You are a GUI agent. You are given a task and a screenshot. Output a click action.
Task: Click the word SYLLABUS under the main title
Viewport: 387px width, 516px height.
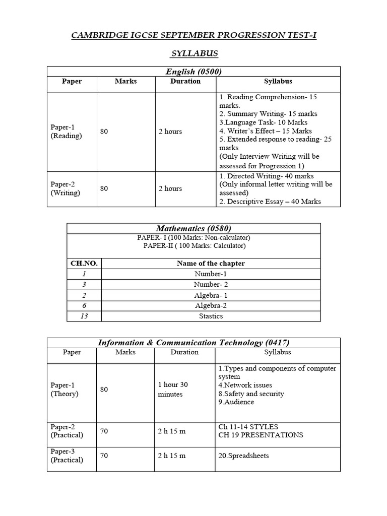point(193,53)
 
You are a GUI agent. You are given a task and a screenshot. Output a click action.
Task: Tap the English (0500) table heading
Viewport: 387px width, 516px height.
point(193,72)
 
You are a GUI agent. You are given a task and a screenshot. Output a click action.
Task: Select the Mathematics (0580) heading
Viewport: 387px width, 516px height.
point(193,228)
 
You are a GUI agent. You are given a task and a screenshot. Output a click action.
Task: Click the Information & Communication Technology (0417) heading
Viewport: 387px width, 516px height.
point(193,343)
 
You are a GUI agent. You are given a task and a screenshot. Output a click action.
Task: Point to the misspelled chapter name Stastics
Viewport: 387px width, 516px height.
point(211,316)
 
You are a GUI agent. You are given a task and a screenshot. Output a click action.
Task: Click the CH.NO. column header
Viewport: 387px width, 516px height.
point(84,263)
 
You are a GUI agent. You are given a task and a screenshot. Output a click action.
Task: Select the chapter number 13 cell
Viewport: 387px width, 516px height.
point(84,316)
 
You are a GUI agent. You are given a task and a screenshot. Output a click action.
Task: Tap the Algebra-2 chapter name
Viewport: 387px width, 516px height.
point(211,305)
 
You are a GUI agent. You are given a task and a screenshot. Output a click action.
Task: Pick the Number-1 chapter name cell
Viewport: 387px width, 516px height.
point(211,274)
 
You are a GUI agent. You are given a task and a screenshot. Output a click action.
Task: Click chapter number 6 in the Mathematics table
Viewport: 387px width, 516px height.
point(84,305)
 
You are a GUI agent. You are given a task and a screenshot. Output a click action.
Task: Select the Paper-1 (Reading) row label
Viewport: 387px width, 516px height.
point(66,132)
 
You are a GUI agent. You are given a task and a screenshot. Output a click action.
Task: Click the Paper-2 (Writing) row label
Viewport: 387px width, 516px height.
point(66,188)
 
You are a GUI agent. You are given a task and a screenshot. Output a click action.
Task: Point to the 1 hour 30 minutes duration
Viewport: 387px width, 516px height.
point(173,389)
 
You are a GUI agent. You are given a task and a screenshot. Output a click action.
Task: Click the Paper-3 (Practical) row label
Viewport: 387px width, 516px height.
point(67,456)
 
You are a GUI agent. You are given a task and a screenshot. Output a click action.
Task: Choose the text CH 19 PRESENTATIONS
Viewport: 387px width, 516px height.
point(261,435)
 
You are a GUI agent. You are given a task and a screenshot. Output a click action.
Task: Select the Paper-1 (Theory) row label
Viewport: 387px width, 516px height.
point(64,389)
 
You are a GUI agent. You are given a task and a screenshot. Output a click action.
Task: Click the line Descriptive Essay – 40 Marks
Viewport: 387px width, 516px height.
point(270,202)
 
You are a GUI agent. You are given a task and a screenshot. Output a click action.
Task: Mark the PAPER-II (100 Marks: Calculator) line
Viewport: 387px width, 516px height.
point(193,246)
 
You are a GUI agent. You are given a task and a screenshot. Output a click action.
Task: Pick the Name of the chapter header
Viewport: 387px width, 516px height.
point(211,263)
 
